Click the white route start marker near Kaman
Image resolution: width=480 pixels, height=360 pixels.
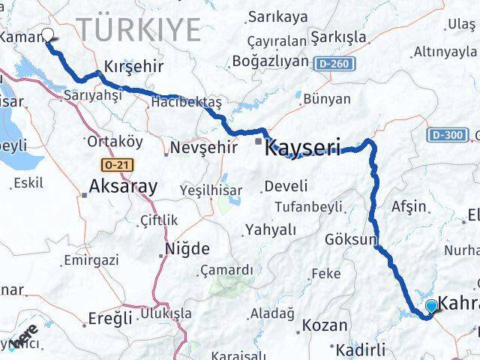pos(49,34)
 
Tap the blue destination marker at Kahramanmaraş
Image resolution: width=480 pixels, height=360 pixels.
pos(431,306)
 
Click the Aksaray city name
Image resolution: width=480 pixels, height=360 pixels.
pos(123,186)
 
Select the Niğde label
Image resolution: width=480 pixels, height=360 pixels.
pos(187,248)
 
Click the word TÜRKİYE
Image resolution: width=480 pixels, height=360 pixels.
pos(139,30)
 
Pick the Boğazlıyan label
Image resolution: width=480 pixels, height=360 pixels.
pos(271,61)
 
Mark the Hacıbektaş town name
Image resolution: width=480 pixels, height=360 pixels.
pos(187,102)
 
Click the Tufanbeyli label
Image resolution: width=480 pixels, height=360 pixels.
pos(309,206)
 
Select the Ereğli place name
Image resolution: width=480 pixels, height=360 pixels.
pos(110,317)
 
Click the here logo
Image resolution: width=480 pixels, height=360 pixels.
pos(24,335)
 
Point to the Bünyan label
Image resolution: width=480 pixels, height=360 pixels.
pos(328,98)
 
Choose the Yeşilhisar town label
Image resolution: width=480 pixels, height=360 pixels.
pos(211,190)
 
